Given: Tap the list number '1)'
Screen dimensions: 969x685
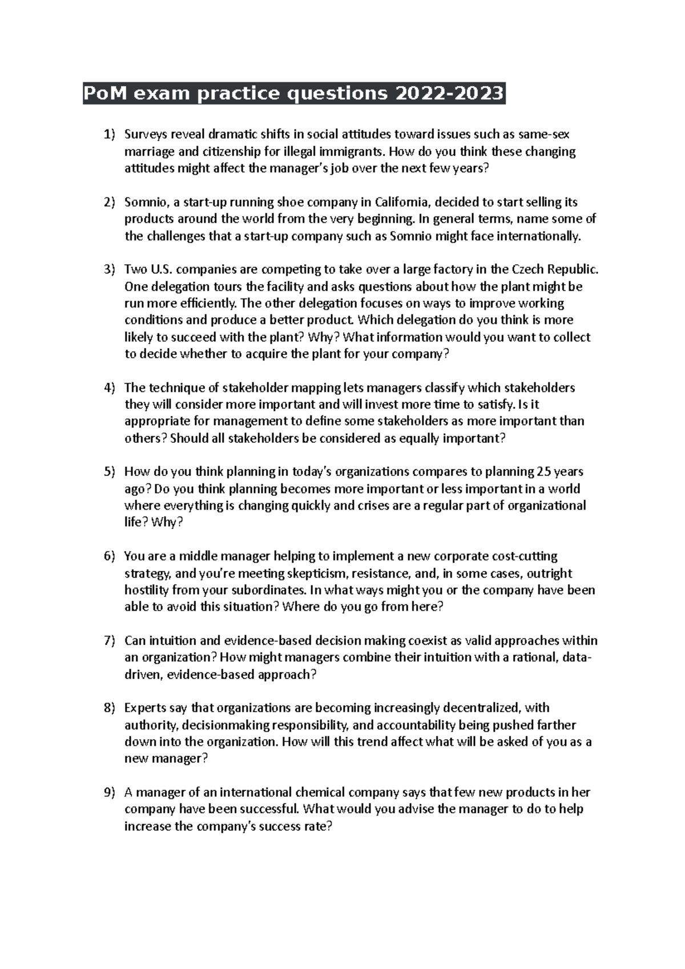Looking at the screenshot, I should point(109,135).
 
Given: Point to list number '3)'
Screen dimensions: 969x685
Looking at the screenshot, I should point(109,269).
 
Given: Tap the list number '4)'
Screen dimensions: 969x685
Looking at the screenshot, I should point(109,388).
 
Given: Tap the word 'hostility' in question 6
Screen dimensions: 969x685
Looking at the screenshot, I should point(146,590).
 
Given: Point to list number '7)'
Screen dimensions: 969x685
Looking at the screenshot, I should point(109,641).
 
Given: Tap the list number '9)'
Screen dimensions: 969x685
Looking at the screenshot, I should point(109,793).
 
